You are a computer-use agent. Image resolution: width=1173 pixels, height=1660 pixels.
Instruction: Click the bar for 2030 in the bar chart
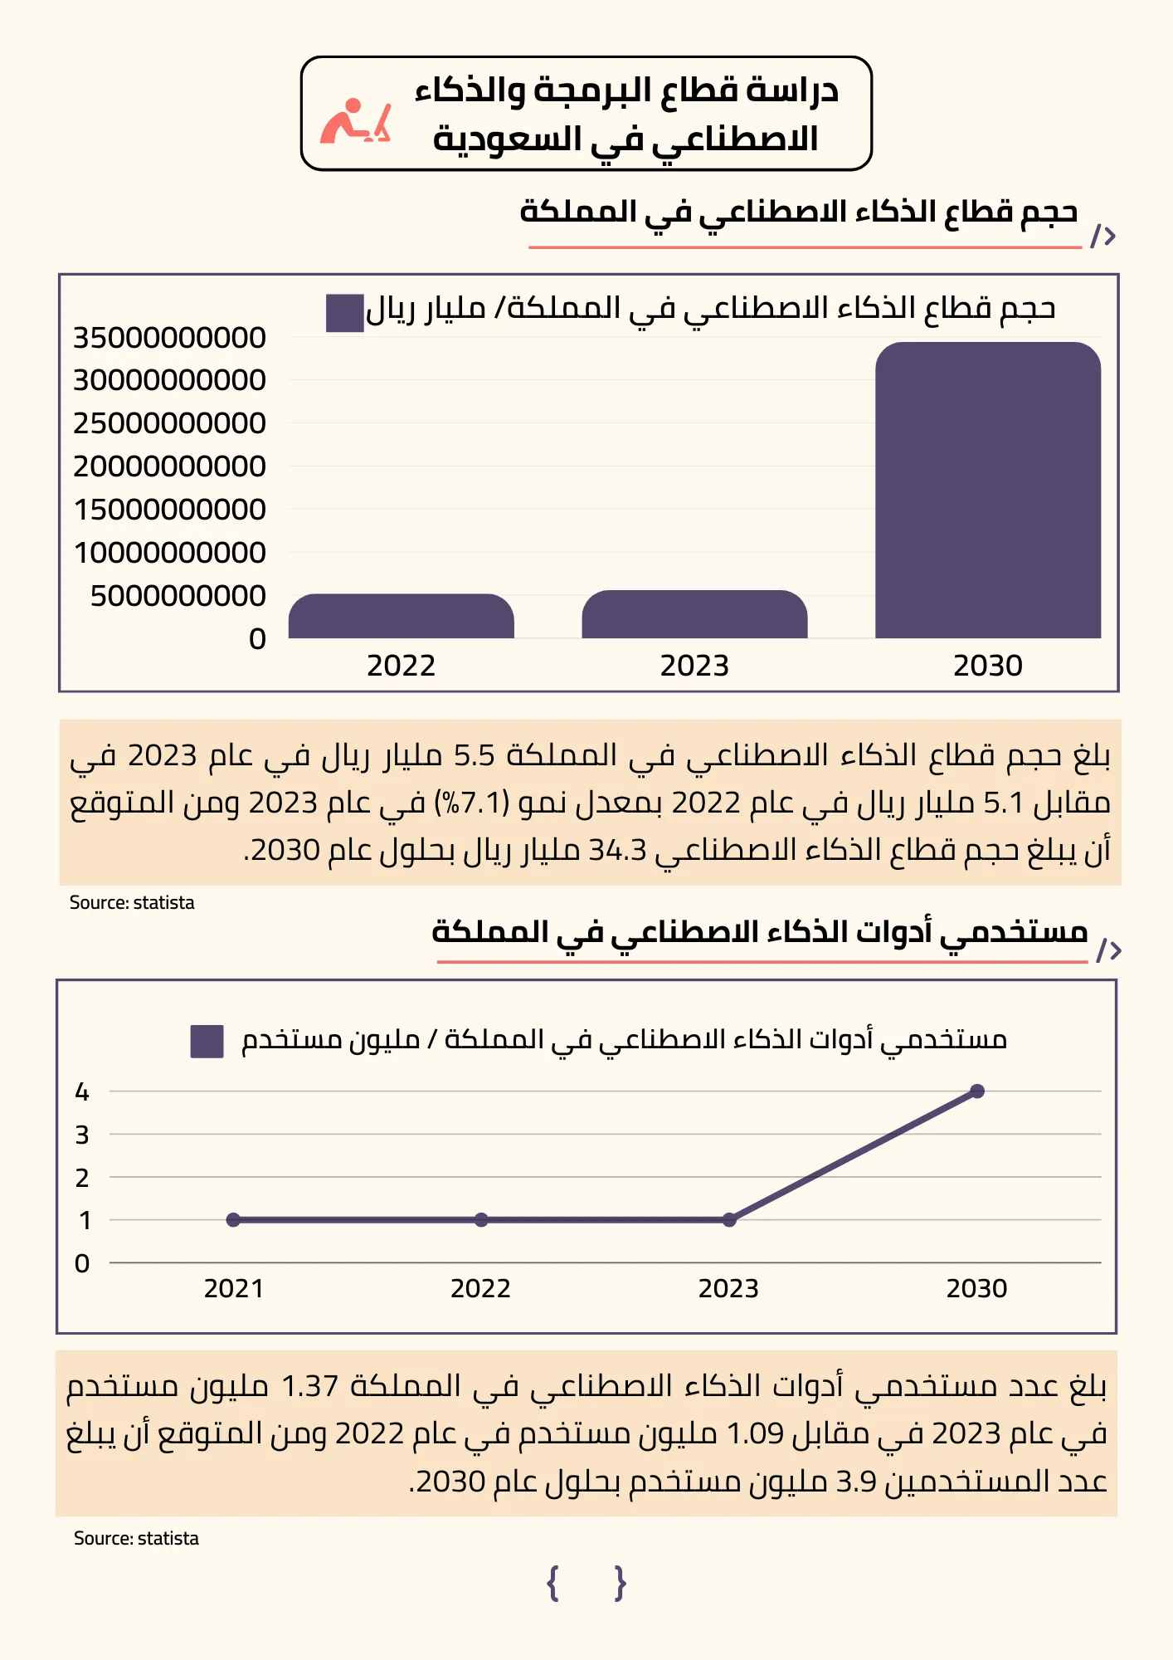988,490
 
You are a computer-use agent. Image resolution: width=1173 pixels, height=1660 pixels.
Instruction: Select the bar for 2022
402,616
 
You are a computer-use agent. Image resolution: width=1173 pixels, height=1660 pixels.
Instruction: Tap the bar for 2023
694,614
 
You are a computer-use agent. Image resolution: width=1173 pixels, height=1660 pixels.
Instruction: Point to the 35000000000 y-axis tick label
169,338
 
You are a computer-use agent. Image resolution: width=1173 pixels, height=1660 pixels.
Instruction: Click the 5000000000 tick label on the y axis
178,596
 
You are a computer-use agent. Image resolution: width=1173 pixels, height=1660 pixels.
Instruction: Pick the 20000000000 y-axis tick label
169,466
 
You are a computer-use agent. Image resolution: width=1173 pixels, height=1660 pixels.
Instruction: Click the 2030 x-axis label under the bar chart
988,666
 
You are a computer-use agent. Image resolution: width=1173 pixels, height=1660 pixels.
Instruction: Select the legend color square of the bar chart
345,313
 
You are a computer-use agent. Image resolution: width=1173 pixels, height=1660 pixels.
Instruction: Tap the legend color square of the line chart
207,1041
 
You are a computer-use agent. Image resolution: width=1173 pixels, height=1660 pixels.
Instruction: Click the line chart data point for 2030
977,1091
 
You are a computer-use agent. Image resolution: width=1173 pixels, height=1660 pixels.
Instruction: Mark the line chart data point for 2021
233,1220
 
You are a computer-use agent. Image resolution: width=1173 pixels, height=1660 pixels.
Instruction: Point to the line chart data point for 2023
729,1220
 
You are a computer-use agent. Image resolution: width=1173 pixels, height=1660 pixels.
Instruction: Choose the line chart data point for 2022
481,1220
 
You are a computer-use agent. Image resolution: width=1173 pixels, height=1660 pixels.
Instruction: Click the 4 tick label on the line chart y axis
82,1092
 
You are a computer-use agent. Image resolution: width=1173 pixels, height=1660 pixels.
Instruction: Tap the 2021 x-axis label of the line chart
234,1289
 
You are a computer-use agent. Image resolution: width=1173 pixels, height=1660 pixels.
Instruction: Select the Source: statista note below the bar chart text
132,903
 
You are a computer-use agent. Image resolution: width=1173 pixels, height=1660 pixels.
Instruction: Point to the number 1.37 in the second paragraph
310,1386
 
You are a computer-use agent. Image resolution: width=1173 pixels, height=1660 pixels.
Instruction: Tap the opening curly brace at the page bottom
553,1584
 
